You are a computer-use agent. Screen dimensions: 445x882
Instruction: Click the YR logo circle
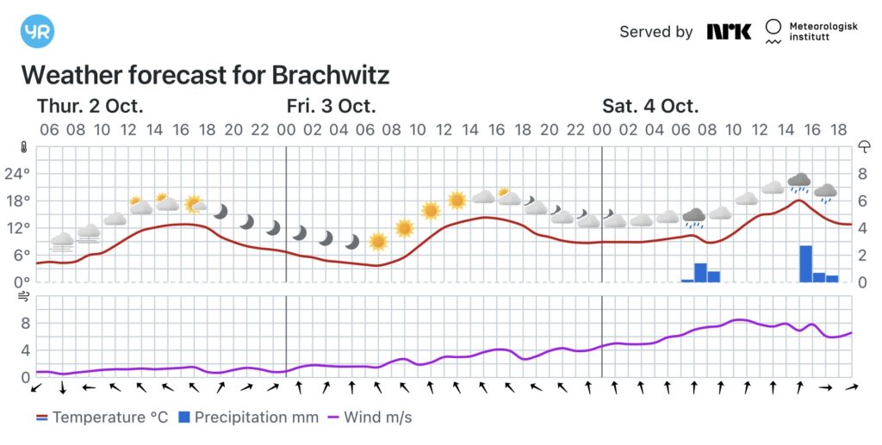tap(37, 31)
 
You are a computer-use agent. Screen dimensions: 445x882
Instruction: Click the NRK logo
tap(729, 32)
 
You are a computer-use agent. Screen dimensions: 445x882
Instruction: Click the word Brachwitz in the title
tap(331, 75)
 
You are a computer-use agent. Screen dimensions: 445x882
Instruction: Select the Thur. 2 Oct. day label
tap(90, 107)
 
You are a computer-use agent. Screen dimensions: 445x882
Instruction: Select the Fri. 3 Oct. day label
tap(332, 107)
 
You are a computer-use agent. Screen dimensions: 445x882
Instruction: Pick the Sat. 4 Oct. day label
tap(650, 107)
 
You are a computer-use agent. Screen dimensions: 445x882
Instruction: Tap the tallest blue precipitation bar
tap(805, 263)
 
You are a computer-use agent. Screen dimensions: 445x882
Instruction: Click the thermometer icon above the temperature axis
tap(24, 146)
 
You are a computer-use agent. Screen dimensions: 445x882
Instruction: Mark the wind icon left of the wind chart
tap(24, 297)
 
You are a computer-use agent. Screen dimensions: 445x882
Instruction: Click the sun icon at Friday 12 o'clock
tap(457, 201)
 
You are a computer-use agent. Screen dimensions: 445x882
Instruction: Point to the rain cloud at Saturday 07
tap(693, 216)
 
